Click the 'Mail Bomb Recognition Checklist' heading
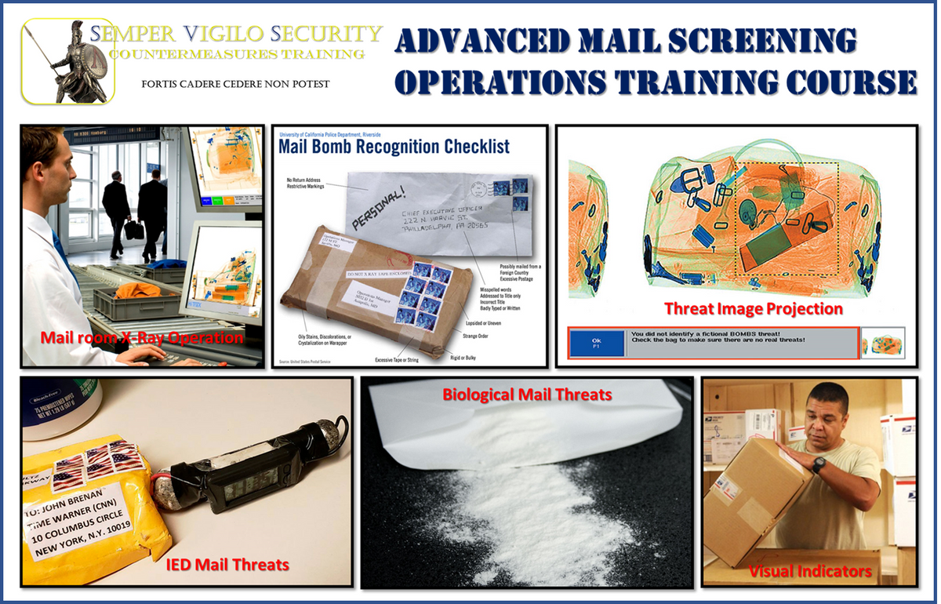click(x=394, y=147)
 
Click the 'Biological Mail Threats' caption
click(x=526, y=394)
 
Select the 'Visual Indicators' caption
click(x=810, y=570)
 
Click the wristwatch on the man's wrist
click(x=819, y=466)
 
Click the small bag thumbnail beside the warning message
click(x=882, y=342)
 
